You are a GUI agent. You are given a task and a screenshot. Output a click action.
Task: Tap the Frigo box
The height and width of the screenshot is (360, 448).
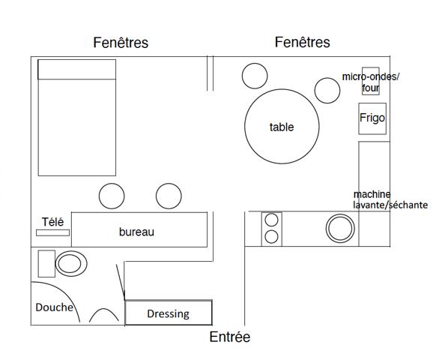372,118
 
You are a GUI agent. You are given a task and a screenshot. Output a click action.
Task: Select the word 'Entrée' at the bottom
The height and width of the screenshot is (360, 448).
230,337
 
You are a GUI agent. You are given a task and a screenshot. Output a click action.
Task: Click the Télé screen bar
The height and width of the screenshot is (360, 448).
52,232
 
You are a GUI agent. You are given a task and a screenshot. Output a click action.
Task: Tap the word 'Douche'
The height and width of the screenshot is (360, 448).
54,307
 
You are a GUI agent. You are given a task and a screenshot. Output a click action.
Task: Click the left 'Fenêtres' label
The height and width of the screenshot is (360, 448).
121,43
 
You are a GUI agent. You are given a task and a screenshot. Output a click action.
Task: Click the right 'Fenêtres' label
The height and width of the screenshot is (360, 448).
302,42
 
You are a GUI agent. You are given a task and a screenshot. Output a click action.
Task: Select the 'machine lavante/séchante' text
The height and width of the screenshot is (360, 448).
390,199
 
